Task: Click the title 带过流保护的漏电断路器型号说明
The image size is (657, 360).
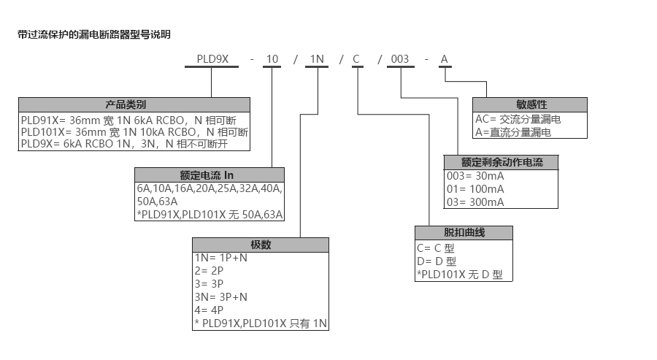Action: (x=94, y=34)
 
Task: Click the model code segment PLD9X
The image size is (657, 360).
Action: (x=211, y=59)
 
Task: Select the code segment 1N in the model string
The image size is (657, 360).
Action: (x=316, y=59)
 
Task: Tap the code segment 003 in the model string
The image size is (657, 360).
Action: (x=400, y=59)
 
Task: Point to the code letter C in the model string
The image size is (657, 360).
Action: (x=357, y=59)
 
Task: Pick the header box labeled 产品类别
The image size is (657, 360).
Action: (x=134, y=104)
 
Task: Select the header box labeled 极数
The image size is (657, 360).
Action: (x=261, y=245)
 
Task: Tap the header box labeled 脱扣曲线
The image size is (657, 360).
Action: (x=464, y=233)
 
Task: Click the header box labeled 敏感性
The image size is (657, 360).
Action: (x=530, y=104)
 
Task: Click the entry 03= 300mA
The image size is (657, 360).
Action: (x=475, y=202)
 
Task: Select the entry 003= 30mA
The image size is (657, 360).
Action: (x=475, y=176)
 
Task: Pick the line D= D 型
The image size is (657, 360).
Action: (x=437, y=261)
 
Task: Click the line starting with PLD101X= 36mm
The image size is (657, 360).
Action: (x=135, y=132)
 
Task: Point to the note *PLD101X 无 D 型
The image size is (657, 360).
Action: (x=460, y=274)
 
